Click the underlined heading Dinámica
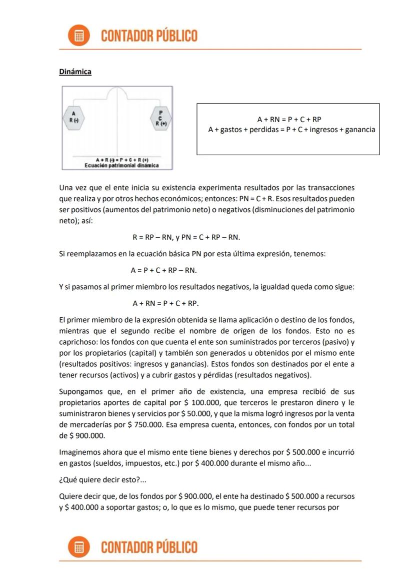[x=75, y=72]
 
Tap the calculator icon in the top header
[x=79, y=36]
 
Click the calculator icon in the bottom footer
[x=79, y=547]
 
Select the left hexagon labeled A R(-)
[x=73, y=118]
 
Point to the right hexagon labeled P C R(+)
[x=160, y=118]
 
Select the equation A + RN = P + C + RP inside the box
[x=289, y=120]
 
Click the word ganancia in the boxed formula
[x=357, y=130]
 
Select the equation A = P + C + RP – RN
[x=163, y=270]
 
